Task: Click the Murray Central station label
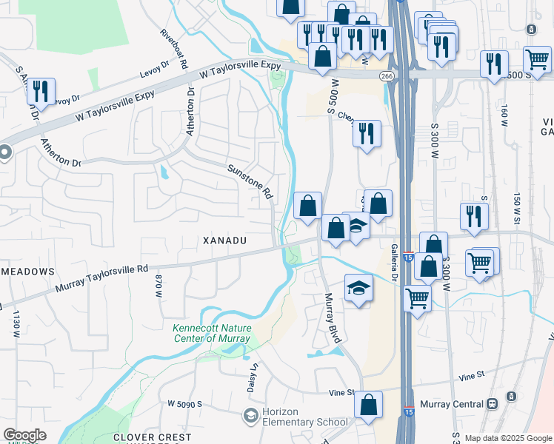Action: click(x=452, y=403)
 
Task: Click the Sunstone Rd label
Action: click(x=249, y=182)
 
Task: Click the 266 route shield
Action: click(x=387, y=76)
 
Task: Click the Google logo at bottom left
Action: click(x=24, y=435)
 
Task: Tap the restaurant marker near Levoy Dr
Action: click(x=40, y=92)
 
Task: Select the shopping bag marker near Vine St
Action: click(x=368, y=405)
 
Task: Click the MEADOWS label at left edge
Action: click(x=27, y=272)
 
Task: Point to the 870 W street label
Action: click(x=158, y=286)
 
